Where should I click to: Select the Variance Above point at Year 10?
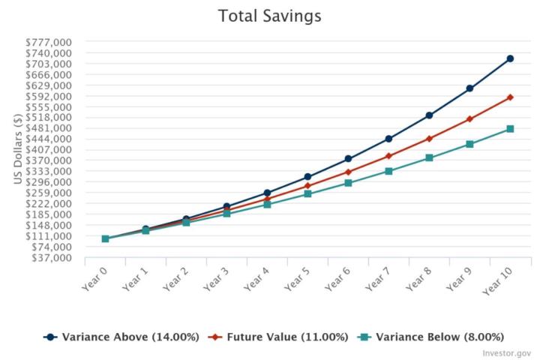510,58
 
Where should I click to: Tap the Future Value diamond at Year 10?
510,97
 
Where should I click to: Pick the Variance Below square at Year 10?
510,129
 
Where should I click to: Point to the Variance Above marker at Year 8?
429,115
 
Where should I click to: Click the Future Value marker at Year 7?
388,156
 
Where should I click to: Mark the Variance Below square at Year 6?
348,183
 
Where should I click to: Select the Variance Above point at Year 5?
307,177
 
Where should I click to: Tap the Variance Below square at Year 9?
469,144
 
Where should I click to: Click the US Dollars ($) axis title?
17,149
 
